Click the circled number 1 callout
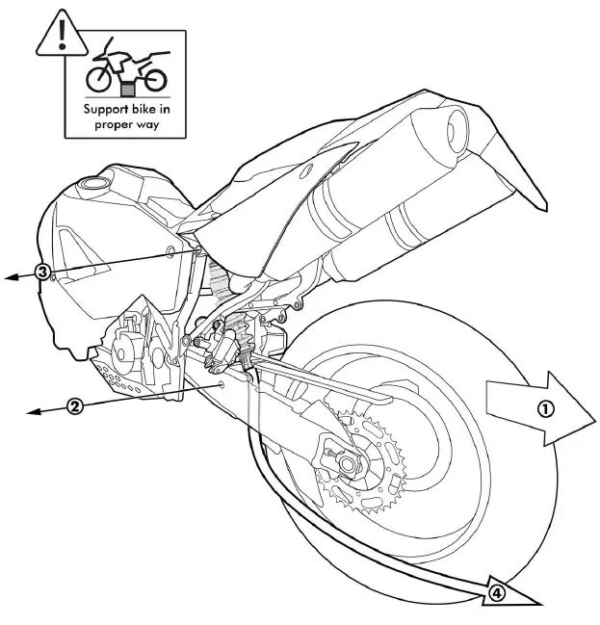[x=544, y=408]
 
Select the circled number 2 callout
[x=74, y=405]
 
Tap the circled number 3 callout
[x=42, y=272]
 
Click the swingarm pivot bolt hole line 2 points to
[x=223, y=383]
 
